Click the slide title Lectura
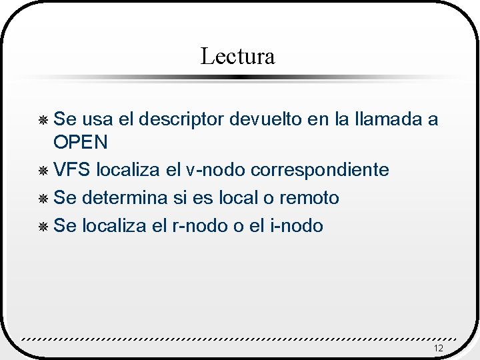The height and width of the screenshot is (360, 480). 237,56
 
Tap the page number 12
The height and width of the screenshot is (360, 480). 438,349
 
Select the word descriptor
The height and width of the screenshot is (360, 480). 180,119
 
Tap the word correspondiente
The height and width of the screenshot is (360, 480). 320,170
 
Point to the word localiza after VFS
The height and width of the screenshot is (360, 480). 127,170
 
